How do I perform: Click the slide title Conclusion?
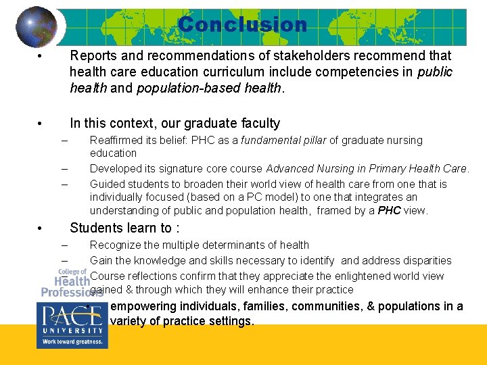(242, 25)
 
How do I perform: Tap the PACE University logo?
(70, 324)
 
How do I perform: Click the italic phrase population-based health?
(208, 88)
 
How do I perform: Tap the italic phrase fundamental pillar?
(262, 141)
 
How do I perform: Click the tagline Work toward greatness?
(70, 342)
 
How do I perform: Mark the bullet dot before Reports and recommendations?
(41, 56)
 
